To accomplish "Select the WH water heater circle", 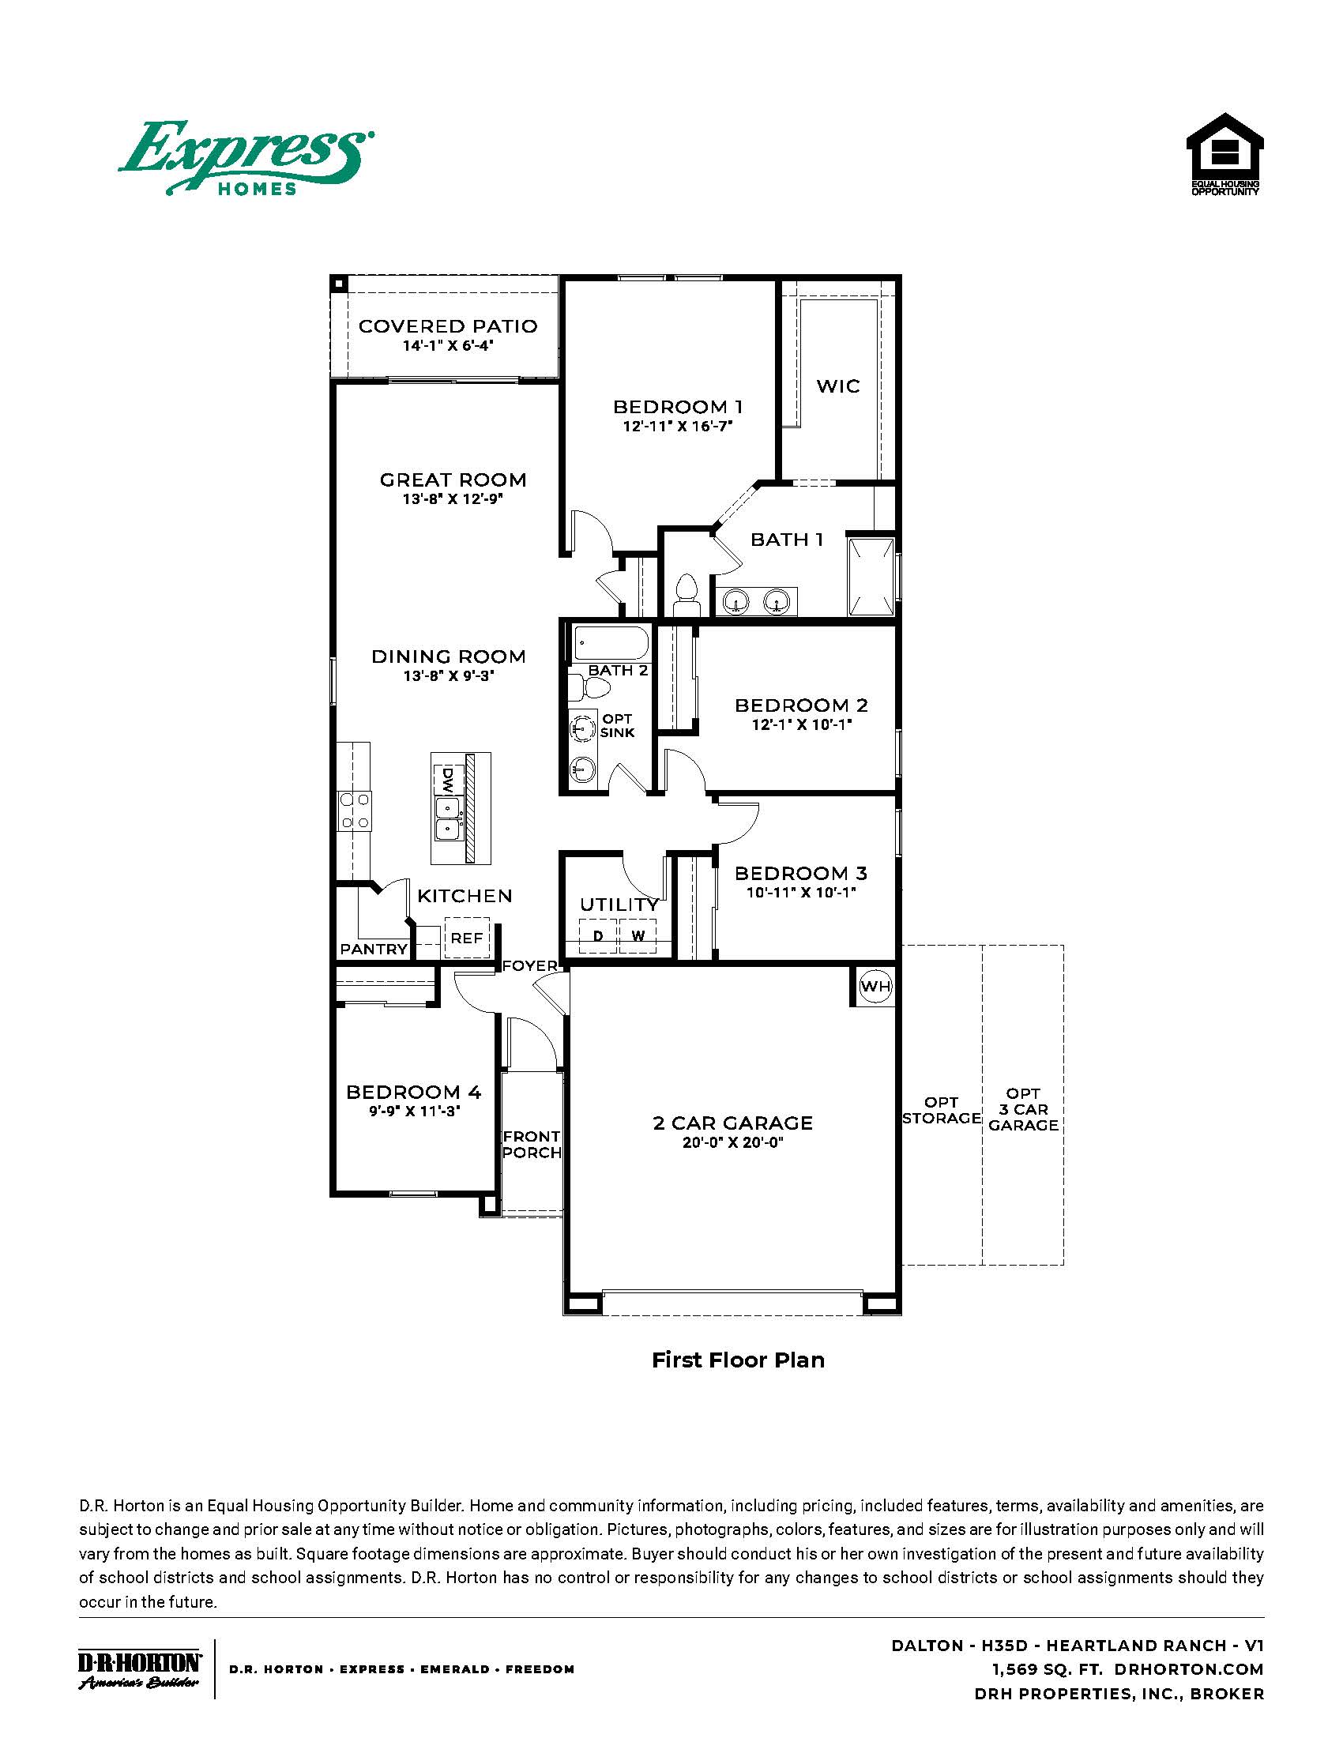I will [x=875, y=987].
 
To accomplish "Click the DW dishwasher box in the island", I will [x=446, y=781].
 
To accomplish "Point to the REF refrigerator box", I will [x=466, y=939].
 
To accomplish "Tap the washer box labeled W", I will [x=638, y=936].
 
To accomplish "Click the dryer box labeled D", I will [x=598, y=936].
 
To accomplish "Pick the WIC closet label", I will [x=837, y=386].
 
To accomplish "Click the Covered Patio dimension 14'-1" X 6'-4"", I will [x=448, y=346].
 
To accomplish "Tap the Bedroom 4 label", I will [x=414, y=1092].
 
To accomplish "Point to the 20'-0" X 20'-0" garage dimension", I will [x=733, y=1143].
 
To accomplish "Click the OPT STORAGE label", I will [x=941, y=1110].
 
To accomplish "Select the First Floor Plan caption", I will [x=738, y=1360].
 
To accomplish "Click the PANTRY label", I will [x=373, y=949].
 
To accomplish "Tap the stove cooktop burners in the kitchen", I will [x=354, y=811].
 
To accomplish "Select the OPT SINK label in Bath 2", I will [x=618, y=725].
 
